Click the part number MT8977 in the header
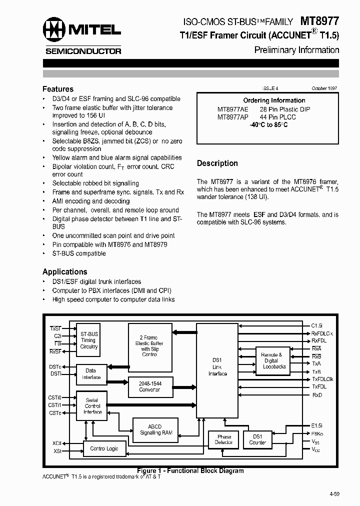[x=319, y=21]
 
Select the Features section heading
[x=58, y=89]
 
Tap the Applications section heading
[x=65, y=271]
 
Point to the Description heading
[x=217, y=163]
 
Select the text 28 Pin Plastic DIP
[x=285, y=109]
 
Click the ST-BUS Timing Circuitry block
[x=89, y=340]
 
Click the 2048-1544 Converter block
[x=149, y=387]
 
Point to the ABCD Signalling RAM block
[x=156, y=429]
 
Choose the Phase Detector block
[x=223, y=439]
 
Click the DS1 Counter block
[x=257, y=439]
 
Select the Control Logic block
[x=104, y=448]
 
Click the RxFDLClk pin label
[x=322, y=333]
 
